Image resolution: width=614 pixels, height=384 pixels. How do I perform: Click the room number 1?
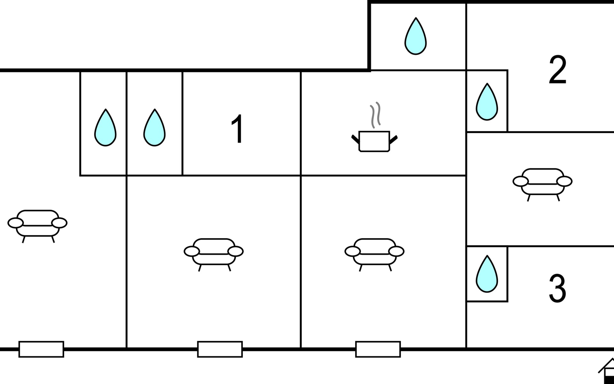click(238, 129)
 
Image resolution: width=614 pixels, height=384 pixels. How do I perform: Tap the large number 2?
click(557, 70)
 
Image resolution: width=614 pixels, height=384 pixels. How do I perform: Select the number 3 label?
click(557, 288)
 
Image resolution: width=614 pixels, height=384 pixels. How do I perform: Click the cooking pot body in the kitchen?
click(374, 141)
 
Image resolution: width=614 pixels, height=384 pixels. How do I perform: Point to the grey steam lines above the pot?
click(375, 115)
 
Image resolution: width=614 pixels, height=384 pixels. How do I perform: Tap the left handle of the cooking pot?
click(355, 139)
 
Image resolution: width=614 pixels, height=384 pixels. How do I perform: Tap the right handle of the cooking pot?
click(393, 139)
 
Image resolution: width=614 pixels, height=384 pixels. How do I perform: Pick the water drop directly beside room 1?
click(154, 129)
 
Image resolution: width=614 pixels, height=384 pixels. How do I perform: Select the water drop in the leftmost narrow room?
click(105, 129)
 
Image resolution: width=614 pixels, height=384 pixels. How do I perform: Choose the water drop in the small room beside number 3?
click(487, 275)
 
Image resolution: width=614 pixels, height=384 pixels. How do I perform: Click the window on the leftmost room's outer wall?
click(41, 349)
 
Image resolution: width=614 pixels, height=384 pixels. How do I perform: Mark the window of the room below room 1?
click(220, 349)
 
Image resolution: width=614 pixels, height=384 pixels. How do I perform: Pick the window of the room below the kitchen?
click(378, 349)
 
